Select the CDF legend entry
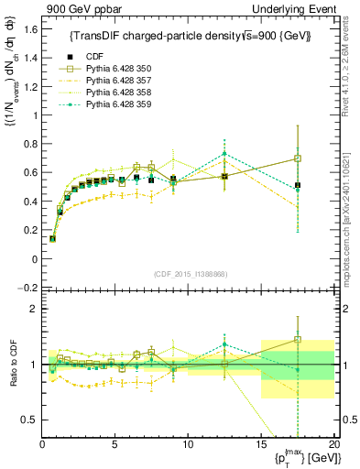(x=108, y=55)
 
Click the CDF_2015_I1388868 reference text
(x=188, y=273)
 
